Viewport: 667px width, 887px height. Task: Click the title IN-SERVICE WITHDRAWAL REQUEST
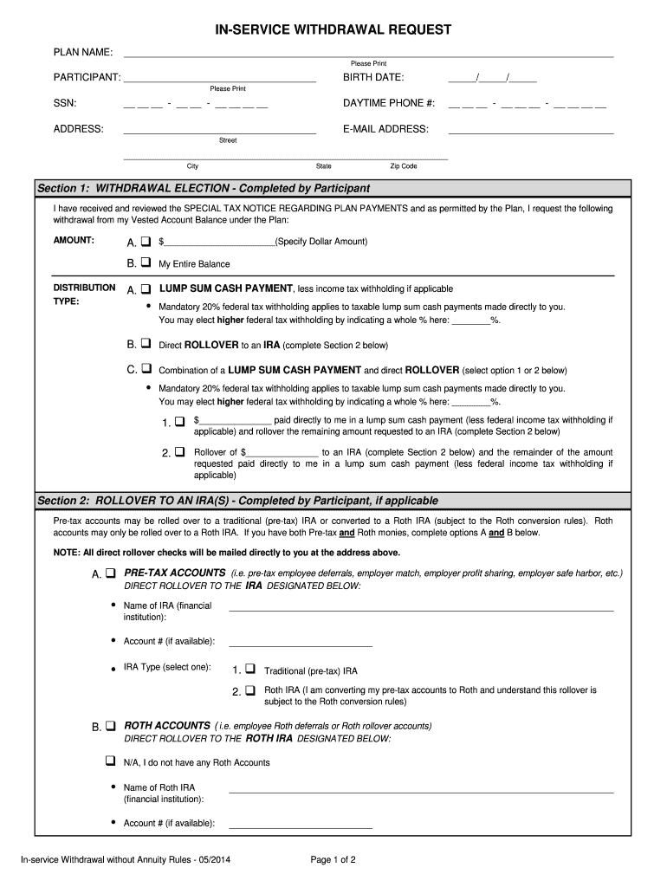pos(333,30)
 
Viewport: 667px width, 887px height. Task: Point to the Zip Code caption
pos(403,166)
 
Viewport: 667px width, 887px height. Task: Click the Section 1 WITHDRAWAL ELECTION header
pos(204,188)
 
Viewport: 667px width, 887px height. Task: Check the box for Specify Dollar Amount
pos(146,242)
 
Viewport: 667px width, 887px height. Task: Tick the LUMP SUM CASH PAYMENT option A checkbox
pos(146,288)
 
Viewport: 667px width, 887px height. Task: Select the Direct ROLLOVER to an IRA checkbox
pos(146,344)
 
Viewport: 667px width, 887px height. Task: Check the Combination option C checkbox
pos(146,368)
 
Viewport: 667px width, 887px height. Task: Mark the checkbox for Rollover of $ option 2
pos(179,452)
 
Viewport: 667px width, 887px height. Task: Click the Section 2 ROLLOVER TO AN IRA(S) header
pos(237,501)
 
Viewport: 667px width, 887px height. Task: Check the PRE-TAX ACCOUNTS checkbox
pos(111,574)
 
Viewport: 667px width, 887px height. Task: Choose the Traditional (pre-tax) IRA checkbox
pos(249,670)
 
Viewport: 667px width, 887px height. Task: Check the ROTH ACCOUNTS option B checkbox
pos(111,726)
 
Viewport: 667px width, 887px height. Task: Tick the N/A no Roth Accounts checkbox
pos(110,762)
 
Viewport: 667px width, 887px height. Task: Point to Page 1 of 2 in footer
pos(333,860)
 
